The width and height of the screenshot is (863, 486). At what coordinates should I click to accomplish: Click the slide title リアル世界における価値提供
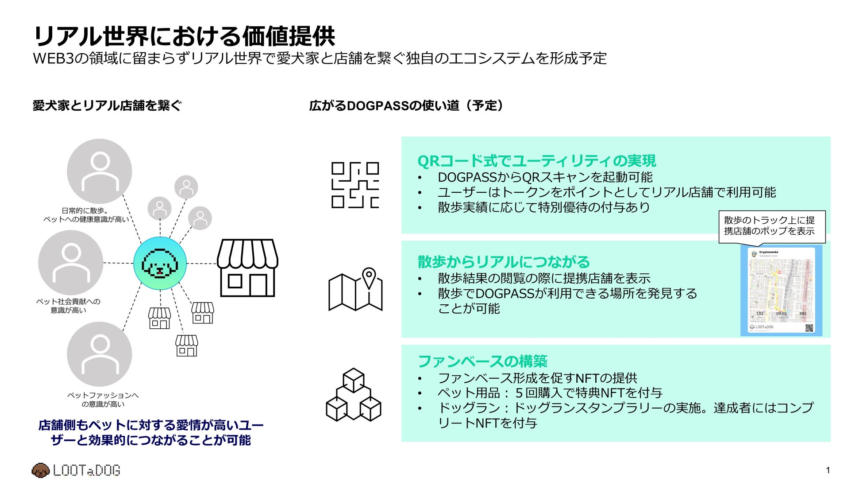(x=184, y=35)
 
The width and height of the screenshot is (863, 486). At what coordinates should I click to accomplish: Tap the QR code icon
(x=355, y=185)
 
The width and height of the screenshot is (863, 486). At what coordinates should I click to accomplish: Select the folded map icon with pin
(x=355, y=290)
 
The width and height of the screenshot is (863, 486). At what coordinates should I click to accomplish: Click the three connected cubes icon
(x=353, y=394)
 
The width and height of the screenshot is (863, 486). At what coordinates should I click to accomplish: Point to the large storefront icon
(x=247, y=268)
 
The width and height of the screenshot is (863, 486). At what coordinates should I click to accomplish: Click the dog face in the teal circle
(x=160, y=264)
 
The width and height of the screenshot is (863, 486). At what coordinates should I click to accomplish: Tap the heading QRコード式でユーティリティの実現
(x=536, y=160)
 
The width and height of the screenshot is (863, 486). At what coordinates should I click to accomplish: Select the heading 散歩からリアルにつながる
(x=504, y=262)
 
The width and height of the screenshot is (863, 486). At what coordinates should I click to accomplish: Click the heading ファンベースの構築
(x=482, y=362)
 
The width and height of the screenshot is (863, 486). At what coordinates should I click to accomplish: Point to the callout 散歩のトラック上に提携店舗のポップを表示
(x=771, y=226)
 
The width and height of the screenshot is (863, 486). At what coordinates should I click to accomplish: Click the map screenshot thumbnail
(x=781, y=291)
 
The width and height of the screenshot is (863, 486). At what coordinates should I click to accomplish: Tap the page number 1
(x=828, y=470)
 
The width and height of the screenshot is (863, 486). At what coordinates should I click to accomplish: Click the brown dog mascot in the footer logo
(x=40, y=470)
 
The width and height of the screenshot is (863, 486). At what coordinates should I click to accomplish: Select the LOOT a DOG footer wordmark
(x=86, y=470)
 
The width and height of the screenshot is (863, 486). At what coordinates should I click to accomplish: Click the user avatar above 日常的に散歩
(x=100, y=171)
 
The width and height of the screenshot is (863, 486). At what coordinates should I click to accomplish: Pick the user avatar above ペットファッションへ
(x=100, y=354)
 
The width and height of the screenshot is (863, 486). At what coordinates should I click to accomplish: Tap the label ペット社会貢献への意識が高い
(x=68, y=306)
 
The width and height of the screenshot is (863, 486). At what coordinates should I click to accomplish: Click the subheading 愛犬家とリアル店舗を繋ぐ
(x=107, y=105)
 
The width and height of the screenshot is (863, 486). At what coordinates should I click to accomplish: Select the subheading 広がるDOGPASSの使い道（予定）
(x=406, y=105)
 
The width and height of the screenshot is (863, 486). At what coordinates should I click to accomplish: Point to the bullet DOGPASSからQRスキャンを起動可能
(x=545, y=177)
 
